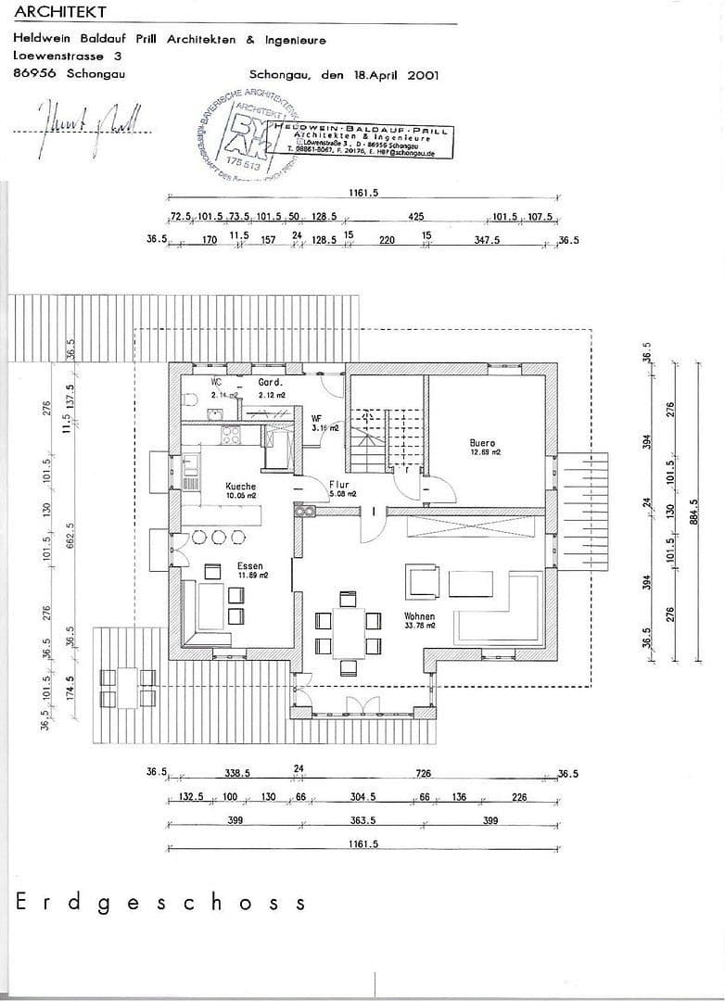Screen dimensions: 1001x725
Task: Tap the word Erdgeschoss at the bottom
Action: point(159,903)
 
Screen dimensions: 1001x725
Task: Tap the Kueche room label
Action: point(240,486)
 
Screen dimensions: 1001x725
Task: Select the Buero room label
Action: point(483,443)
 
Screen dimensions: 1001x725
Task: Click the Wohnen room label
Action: point(419,615)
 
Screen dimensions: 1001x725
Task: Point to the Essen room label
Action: point(249,565)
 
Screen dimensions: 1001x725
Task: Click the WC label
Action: point(216,382)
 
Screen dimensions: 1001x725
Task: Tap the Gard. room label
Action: point(270,382)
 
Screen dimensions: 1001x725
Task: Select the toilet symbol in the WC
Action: point(189,400)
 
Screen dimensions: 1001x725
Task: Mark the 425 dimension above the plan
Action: point(416,216)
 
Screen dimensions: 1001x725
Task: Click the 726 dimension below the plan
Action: point(424,772)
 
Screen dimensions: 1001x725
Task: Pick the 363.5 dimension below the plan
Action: point(362,820)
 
